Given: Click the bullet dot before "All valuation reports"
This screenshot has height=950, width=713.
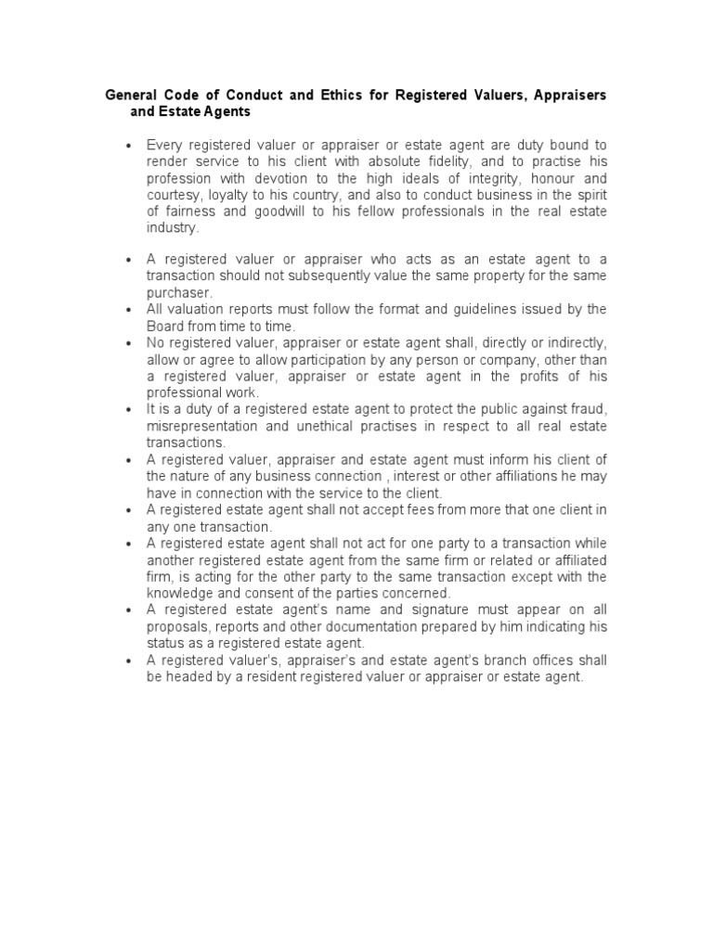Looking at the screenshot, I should [x=127, y=309].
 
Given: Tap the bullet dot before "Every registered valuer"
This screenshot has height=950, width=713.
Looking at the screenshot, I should [x=127, y=145].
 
